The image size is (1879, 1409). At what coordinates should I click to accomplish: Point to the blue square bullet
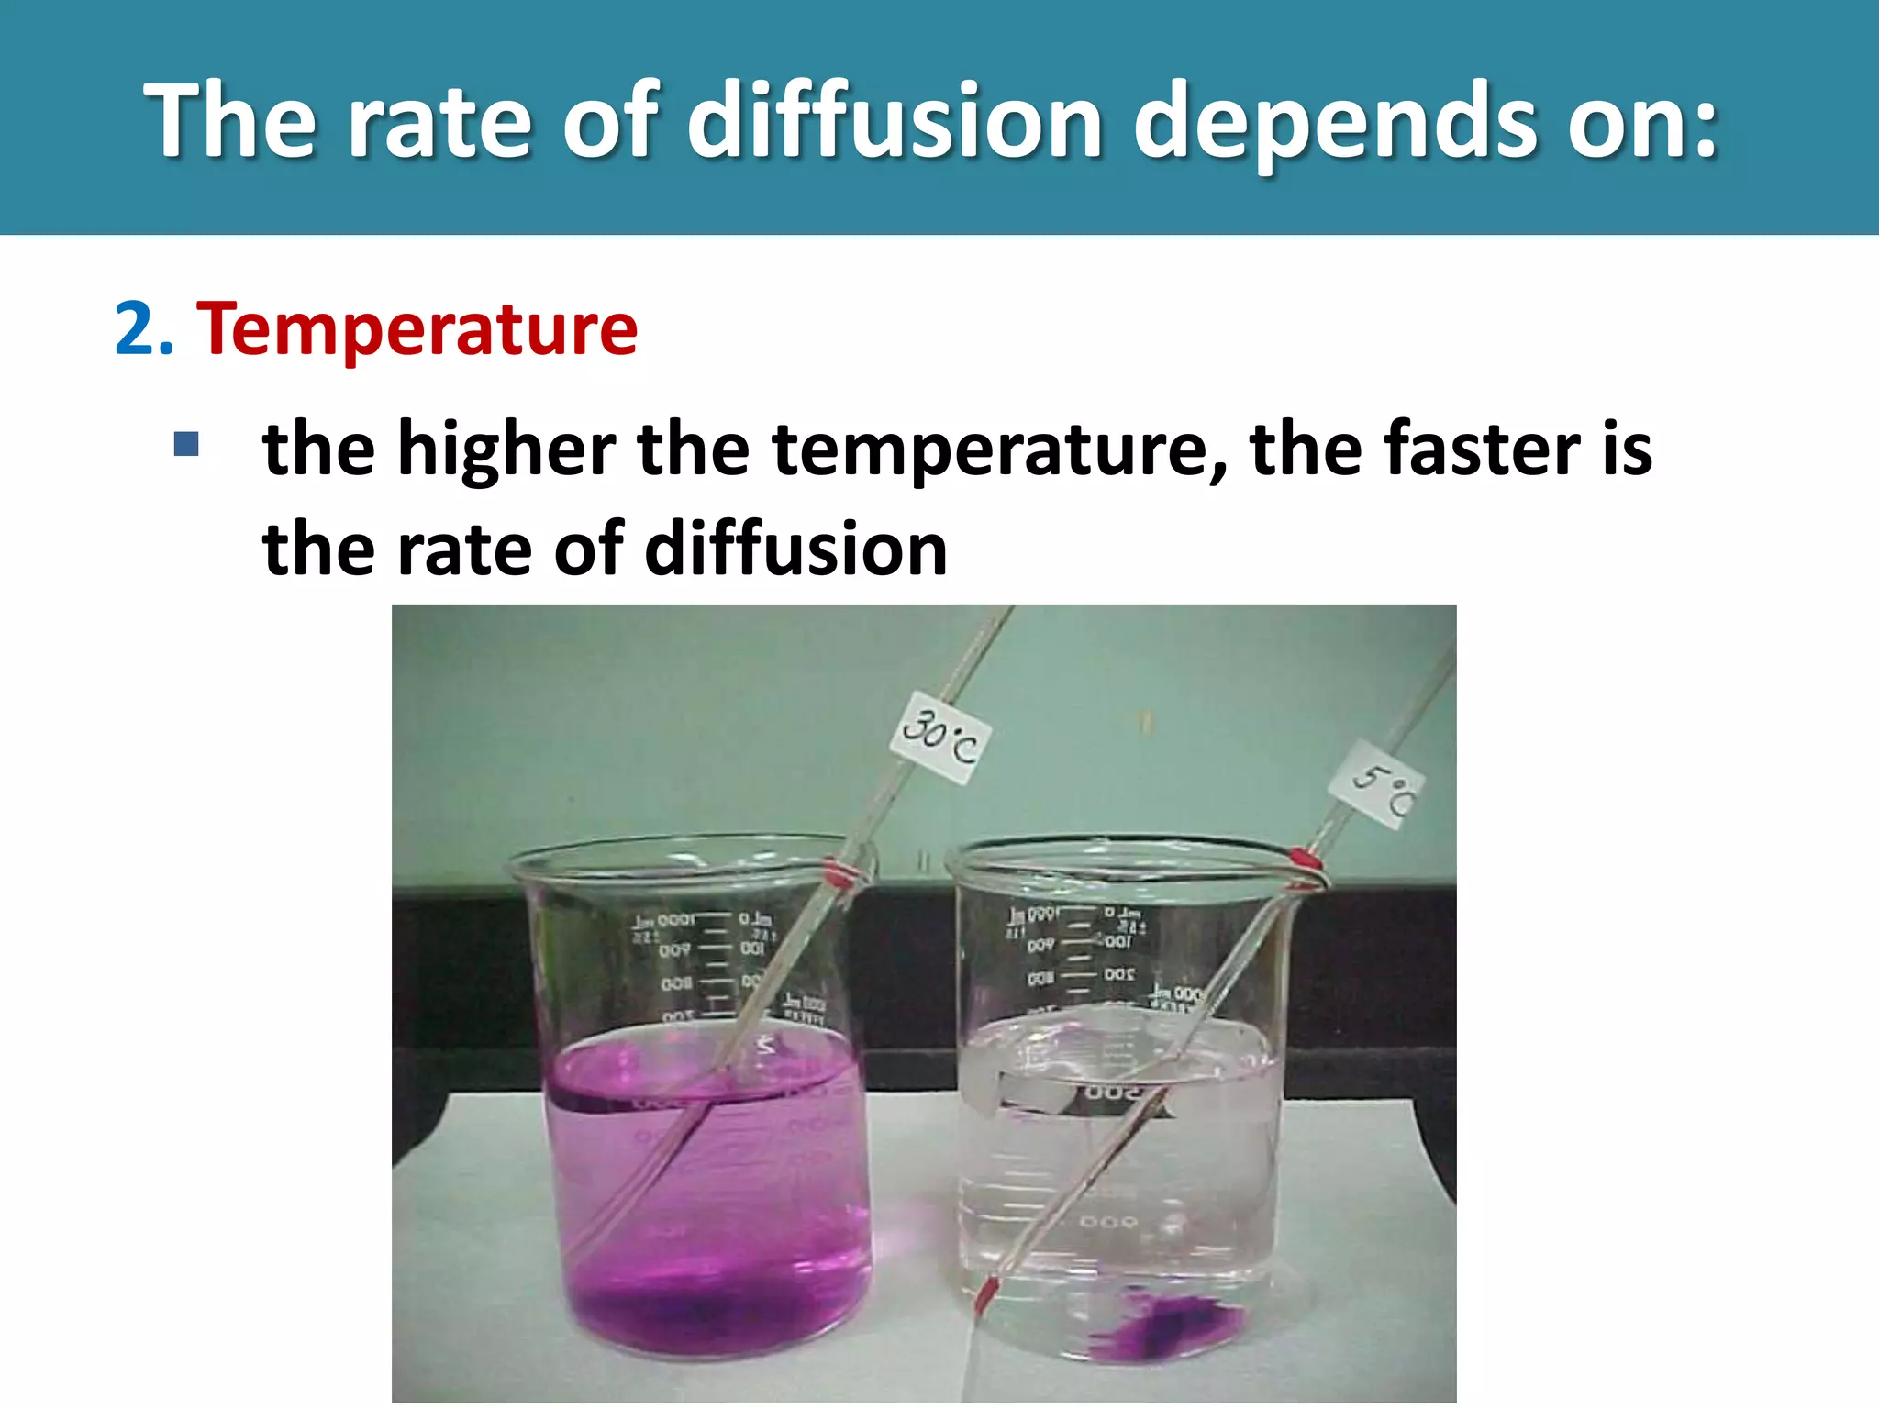(186, 445)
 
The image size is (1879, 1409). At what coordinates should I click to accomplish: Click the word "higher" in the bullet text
(506, 449)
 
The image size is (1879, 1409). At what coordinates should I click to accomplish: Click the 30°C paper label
(940, 738)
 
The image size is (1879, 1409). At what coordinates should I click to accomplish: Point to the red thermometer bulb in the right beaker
(984, 1294)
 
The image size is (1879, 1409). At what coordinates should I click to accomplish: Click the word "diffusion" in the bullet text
(796, 549)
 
